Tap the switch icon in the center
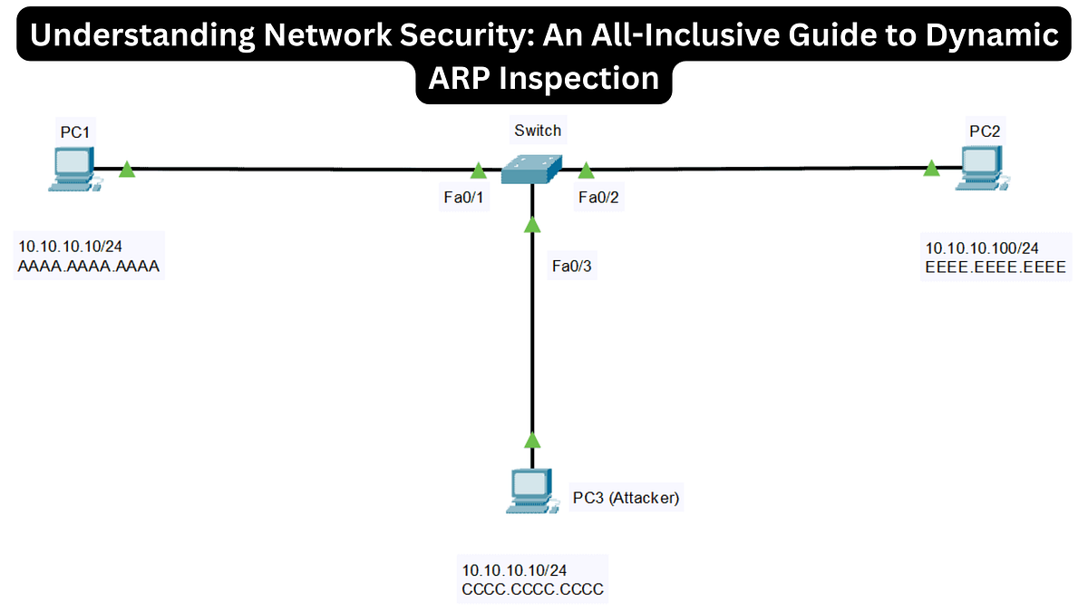[x=531, y=170]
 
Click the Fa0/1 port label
[x=460, y=199]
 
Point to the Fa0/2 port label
[x=598, y=199]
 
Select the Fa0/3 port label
[x=573, y=267]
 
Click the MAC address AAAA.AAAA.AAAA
[x=89, y=267]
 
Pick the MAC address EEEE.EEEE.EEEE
[x=995, y=267]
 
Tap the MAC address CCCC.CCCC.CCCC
[x=532, y=589]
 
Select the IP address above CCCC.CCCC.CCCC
[x=514, y=570]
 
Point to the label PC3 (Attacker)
[x=626, y=498]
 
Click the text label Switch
[x=538, y=131]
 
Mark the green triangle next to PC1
[x=127, y=169]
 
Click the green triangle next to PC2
[x=931, y=168]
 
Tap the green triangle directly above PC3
[x=532, y=440]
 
